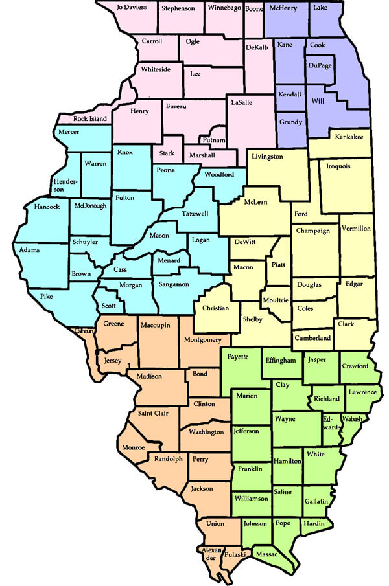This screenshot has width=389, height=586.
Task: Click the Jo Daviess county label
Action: (x=132, y=8)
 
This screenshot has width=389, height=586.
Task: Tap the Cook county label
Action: (x=317, y=45)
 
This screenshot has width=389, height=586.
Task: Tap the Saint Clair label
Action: (x=153, y=413)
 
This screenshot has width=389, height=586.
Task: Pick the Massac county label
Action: (x=267, y=555)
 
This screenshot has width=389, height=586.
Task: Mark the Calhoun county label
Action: (x=85, y=332)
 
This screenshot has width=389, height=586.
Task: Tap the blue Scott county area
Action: (x=109, y=306)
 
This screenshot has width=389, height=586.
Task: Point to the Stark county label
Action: (x=167, y=154)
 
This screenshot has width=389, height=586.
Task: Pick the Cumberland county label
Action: (x=313, y=338)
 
